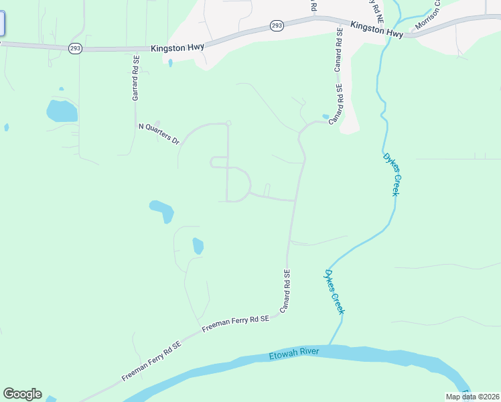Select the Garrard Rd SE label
click(x=136, y=78)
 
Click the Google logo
click(x=22, y=393)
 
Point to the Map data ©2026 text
click(x=472, y=397)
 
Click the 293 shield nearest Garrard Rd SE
click(x=75, y=48)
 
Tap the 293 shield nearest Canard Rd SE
click(x=277, y=25)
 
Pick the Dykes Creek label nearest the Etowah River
click(x=334, y=292)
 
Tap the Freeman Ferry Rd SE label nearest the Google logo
click(x=152, y=362)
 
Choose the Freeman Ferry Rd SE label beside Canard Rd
click(x=235, y=324)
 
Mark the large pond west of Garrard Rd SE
click(x=62, y=111)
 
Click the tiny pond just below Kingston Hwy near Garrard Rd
click(x=170, y=63)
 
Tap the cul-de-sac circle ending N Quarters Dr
click(x=228, y=123)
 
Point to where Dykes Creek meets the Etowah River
click(x=331, y=346)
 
